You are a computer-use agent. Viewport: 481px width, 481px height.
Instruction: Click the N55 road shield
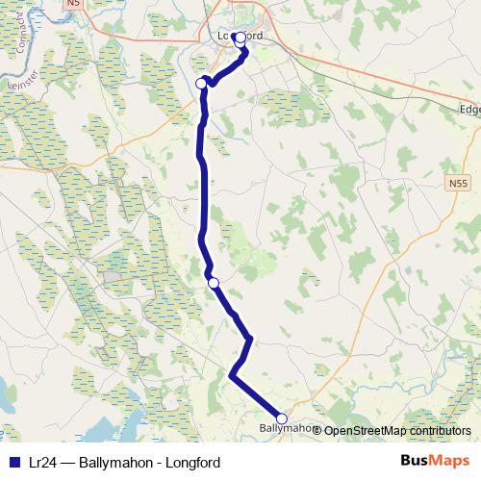click(458, 182)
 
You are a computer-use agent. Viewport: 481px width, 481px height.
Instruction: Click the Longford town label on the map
click(235, 36)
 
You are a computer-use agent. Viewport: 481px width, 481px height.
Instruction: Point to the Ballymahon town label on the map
click(286, 428)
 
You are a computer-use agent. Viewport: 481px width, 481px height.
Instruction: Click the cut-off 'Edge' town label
click(468, 109)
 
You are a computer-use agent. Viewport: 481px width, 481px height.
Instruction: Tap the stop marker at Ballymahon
click(282, 418)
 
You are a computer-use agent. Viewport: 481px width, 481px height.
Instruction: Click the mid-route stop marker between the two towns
click(214, 282)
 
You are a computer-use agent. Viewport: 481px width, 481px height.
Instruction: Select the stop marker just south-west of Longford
click(201, 84)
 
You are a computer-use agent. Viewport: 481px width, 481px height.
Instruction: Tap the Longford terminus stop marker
click(239, 40)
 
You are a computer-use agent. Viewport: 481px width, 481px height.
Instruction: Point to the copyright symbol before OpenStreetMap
click(318, 430)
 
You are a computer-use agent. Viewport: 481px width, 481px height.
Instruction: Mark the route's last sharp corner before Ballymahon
click(232, 376)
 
